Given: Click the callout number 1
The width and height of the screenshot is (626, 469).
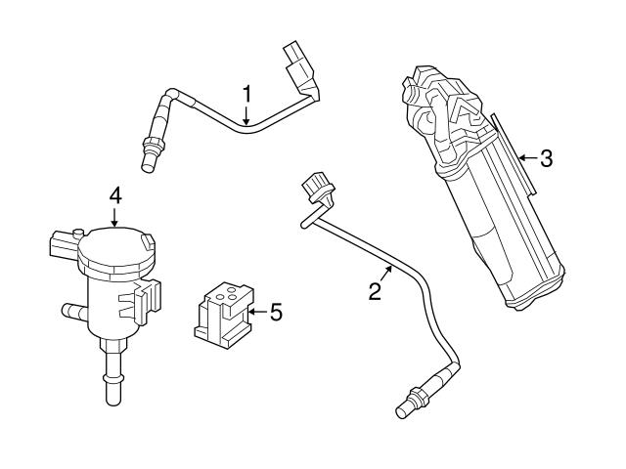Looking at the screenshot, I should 247,95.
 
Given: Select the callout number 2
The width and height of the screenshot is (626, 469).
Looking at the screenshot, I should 375,291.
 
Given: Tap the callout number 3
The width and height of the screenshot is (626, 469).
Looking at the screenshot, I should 547,157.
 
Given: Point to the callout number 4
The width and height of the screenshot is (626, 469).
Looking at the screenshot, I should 115,194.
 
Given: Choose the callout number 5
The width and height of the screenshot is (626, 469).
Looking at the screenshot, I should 275,313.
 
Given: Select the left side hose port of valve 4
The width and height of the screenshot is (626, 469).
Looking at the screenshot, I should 71,313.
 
